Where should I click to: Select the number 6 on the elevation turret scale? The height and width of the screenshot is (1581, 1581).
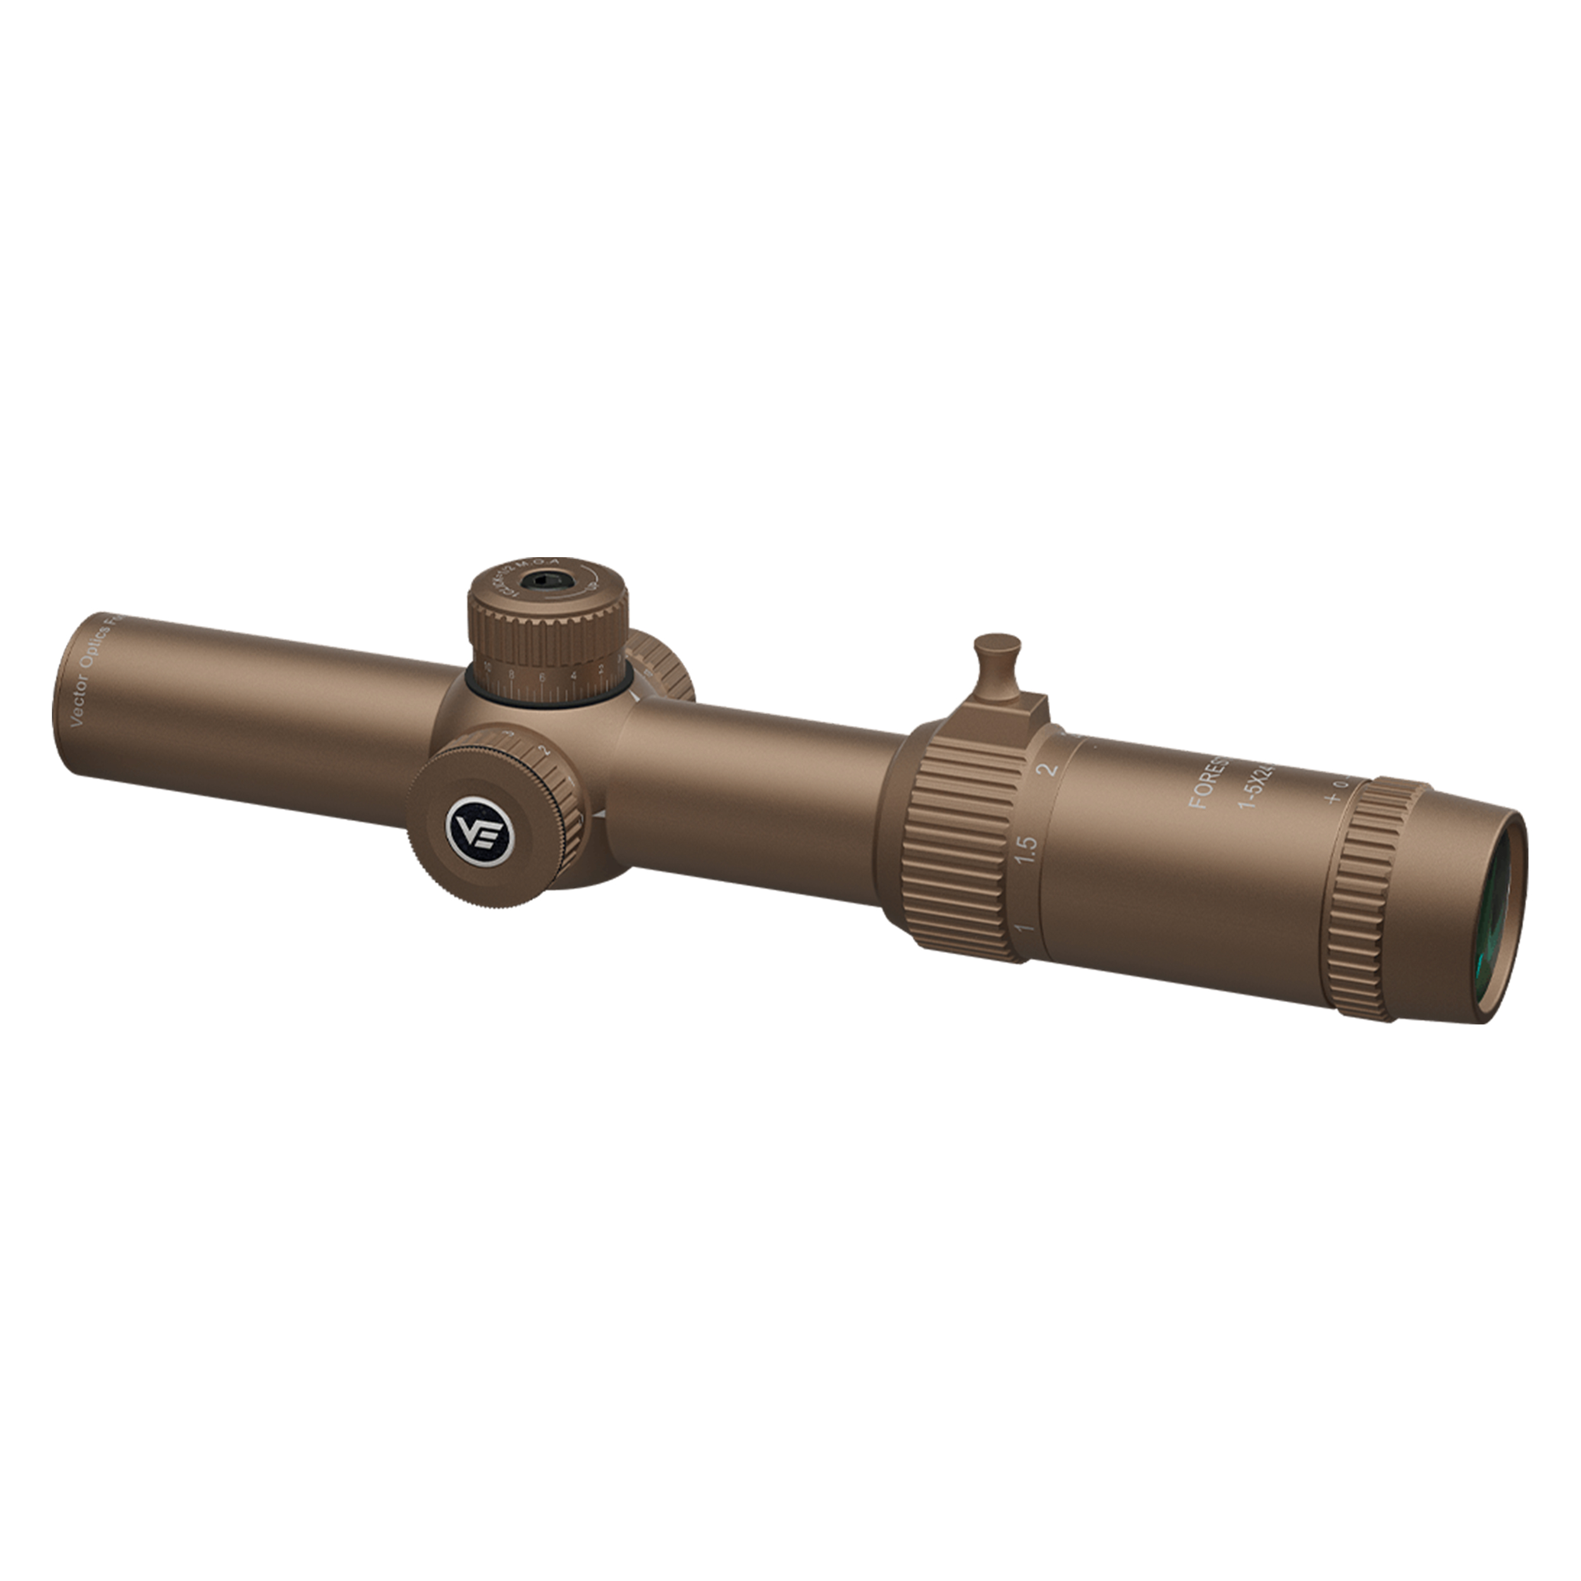pos(542,677)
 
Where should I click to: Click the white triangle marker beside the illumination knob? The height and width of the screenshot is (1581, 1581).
pos(600,816)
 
